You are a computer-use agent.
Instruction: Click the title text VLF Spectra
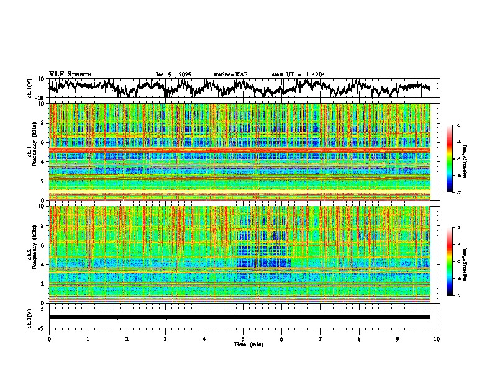(70, 75)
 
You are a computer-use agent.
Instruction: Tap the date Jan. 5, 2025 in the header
(173, 75)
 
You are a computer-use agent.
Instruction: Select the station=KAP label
(230, 75)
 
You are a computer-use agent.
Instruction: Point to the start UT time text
(300, 75)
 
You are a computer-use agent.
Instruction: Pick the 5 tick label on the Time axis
(243, 338)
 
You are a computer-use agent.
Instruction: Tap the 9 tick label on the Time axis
(398, 338)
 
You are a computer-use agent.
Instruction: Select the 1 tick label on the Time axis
(88, 338)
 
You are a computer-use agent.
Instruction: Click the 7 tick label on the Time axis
(321, 338)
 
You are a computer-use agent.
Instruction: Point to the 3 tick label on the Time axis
(165, 338)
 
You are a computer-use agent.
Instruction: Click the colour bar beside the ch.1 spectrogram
(456, 159)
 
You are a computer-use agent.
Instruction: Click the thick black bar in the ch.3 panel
(239, 317)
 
